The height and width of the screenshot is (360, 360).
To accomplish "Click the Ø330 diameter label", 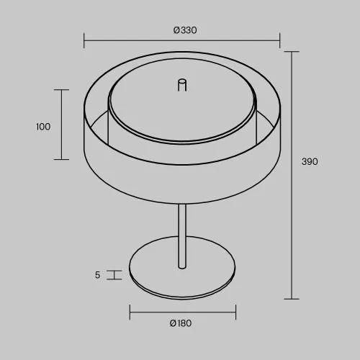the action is point(185,30).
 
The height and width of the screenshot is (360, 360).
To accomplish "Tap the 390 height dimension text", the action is point(310,161).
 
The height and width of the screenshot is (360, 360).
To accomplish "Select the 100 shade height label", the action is point(43,127).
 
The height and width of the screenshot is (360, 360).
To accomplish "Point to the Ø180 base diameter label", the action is point(181,323).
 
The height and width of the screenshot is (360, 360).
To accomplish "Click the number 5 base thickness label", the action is point(97,275).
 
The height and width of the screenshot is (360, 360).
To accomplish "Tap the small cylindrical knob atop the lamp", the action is point(182,85).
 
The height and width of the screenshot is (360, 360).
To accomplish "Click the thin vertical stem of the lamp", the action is point(182,236).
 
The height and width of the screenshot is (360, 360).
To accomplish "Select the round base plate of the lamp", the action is point(182,268).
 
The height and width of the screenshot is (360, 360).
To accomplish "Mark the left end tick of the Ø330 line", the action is point(84,40).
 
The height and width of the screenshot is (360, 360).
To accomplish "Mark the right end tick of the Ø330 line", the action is point(279,40).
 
